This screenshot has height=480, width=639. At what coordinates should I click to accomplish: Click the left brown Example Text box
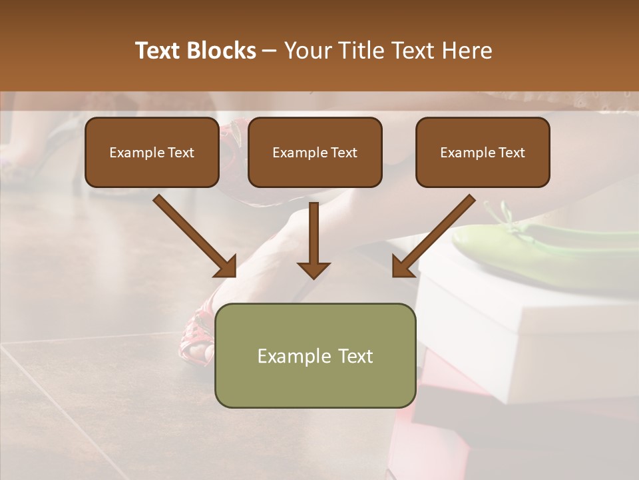(x=152, y=153)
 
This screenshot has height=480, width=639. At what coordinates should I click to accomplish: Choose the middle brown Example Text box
(x=315, y=153)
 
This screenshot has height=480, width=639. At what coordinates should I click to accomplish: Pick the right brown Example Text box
(x=483, y=153)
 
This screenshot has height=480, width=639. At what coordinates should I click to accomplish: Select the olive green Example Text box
(x=315, y=355)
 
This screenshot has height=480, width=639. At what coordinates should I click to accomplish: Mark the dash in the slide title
(x=270, y=51)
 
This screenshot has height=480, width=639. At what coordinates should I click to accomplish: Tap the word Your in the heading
(x=308, y=51)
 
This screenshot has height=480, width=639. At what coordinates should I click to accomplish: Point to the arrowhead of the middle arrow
(x=314, y=269)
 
